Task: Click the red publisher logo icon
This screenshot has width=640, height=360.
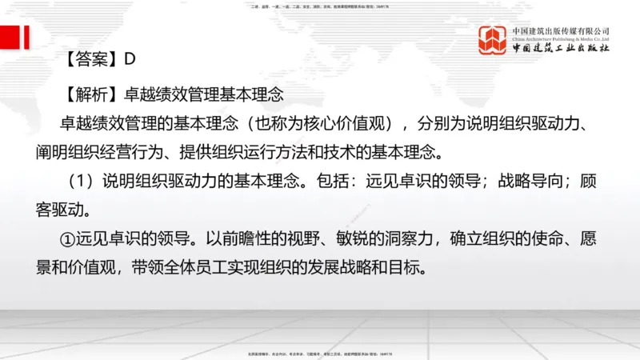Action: pyautogui.click(x=494, y=41)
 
